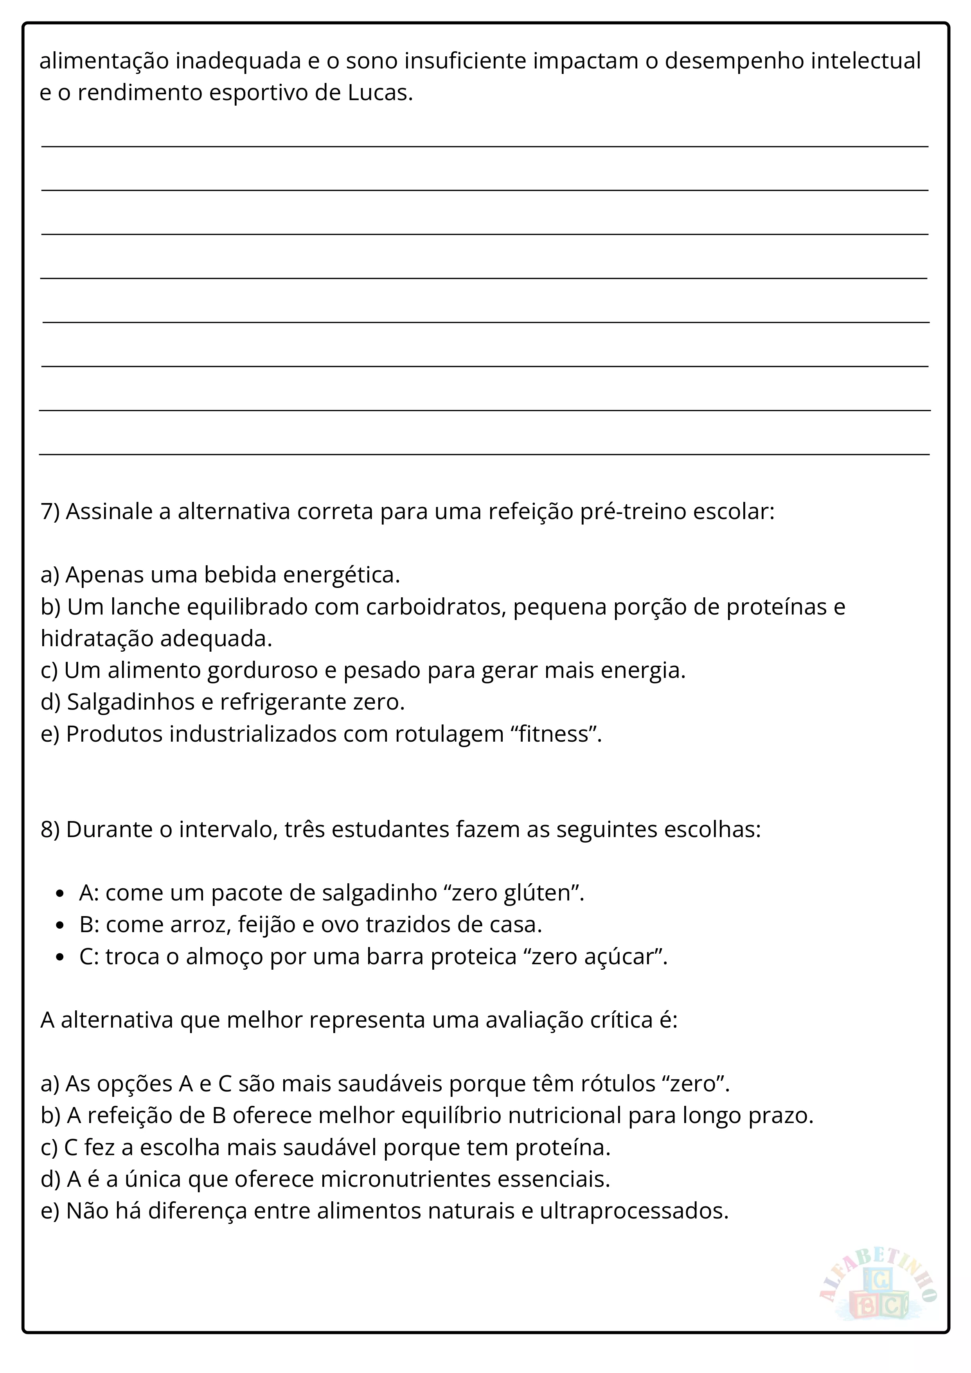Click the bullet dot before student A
click(x=59, y=893)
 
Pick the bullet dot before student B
click(x=59, y=925)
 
